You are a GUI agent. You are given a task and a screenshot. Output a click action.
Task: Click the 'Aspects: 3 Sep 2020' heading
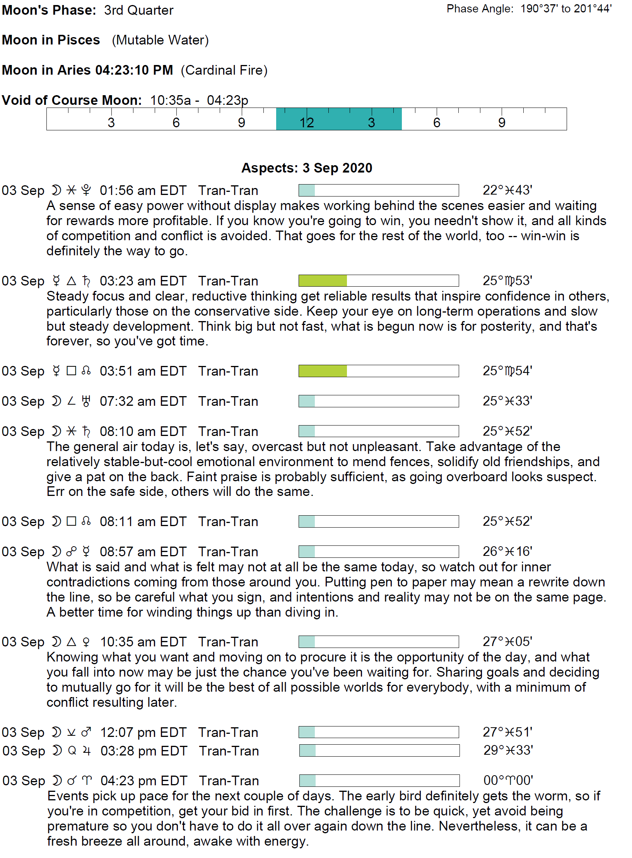click(x=307, y=168)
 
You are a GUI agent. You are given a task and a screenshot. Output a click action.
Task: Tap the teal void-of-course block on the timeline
click(x=338, y=119)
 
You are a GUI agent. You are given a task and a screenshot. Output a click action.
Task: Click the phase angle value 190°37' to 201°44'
click(x=566, y=9)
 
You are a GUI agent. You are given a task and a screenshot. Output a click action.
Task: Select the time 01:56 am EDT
click(x=143, y=190)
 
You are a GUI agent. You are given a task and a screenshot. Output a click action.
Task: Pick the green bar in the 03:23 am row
click(x=323, y=280)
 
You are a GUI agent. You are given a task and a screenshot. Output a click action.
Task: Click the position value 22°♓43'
click(x=507, y=190)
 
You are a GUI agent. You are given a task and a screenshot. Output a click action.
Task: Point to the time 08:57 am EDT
click(x=143, y=552)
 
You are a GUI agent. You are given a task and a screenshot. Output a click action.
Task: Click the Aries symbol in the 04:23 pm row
click(x=87, y=781)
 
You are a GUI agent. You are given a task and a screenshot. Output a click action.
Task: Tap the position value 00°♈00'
click(x=508, y=780)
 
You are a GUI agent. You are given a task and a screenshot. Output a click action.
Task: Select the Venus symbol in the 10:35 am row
click(x=86, y=642)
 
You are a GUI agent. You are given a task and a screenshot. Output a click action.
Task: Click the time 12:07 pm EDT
click(x=143, y=732)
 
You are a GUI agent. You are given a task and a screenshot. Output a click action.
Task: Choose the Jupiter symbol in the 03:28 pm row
click(x=87, y=751)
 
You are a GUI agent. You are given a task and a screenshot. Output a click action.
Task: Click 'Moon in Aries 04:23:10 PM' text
click(x=87, y=70)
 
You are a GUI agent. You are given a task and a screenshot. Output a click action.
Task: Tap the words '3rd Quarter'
click(x=138, y=10)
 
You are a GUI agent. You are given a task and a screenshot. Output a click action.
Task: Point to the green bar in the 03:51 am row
click(x=323, y=371)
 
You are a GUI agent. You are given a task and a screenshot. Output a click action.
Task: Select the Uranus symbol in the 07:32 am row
click(x=86, y=401)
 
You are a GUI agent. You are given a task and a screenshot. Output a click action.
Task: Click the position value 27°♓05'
click(x=507, y=642)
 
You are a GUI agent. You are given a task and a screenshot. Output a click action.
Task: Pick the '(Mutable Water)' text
click(x=160, y=40)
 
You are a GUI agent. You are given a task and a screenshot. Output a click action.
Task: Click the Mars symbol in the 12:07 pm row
click(x=86, y=732)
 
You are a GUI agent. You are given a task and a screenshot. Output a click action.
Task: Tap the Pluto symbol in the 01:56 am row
click(x=86, y=190)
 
